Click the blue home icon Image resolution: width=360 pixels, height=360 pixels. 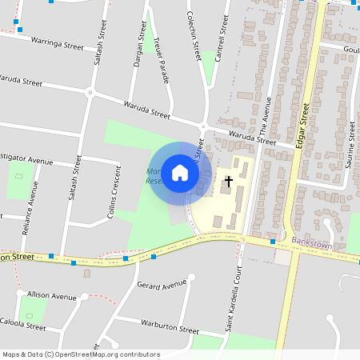click(x=180, y=172)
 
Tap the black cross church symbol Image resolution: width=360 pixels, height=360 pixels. click(x=228, y=182)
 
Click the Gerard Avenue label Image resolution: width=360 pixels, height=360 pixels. click(x=161, y=285)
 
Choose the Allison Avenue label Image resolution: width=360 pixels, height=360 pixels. click(x=51, y=295)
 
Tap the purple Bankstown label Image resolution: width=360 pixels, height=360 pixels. click(x=312, y=242)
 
